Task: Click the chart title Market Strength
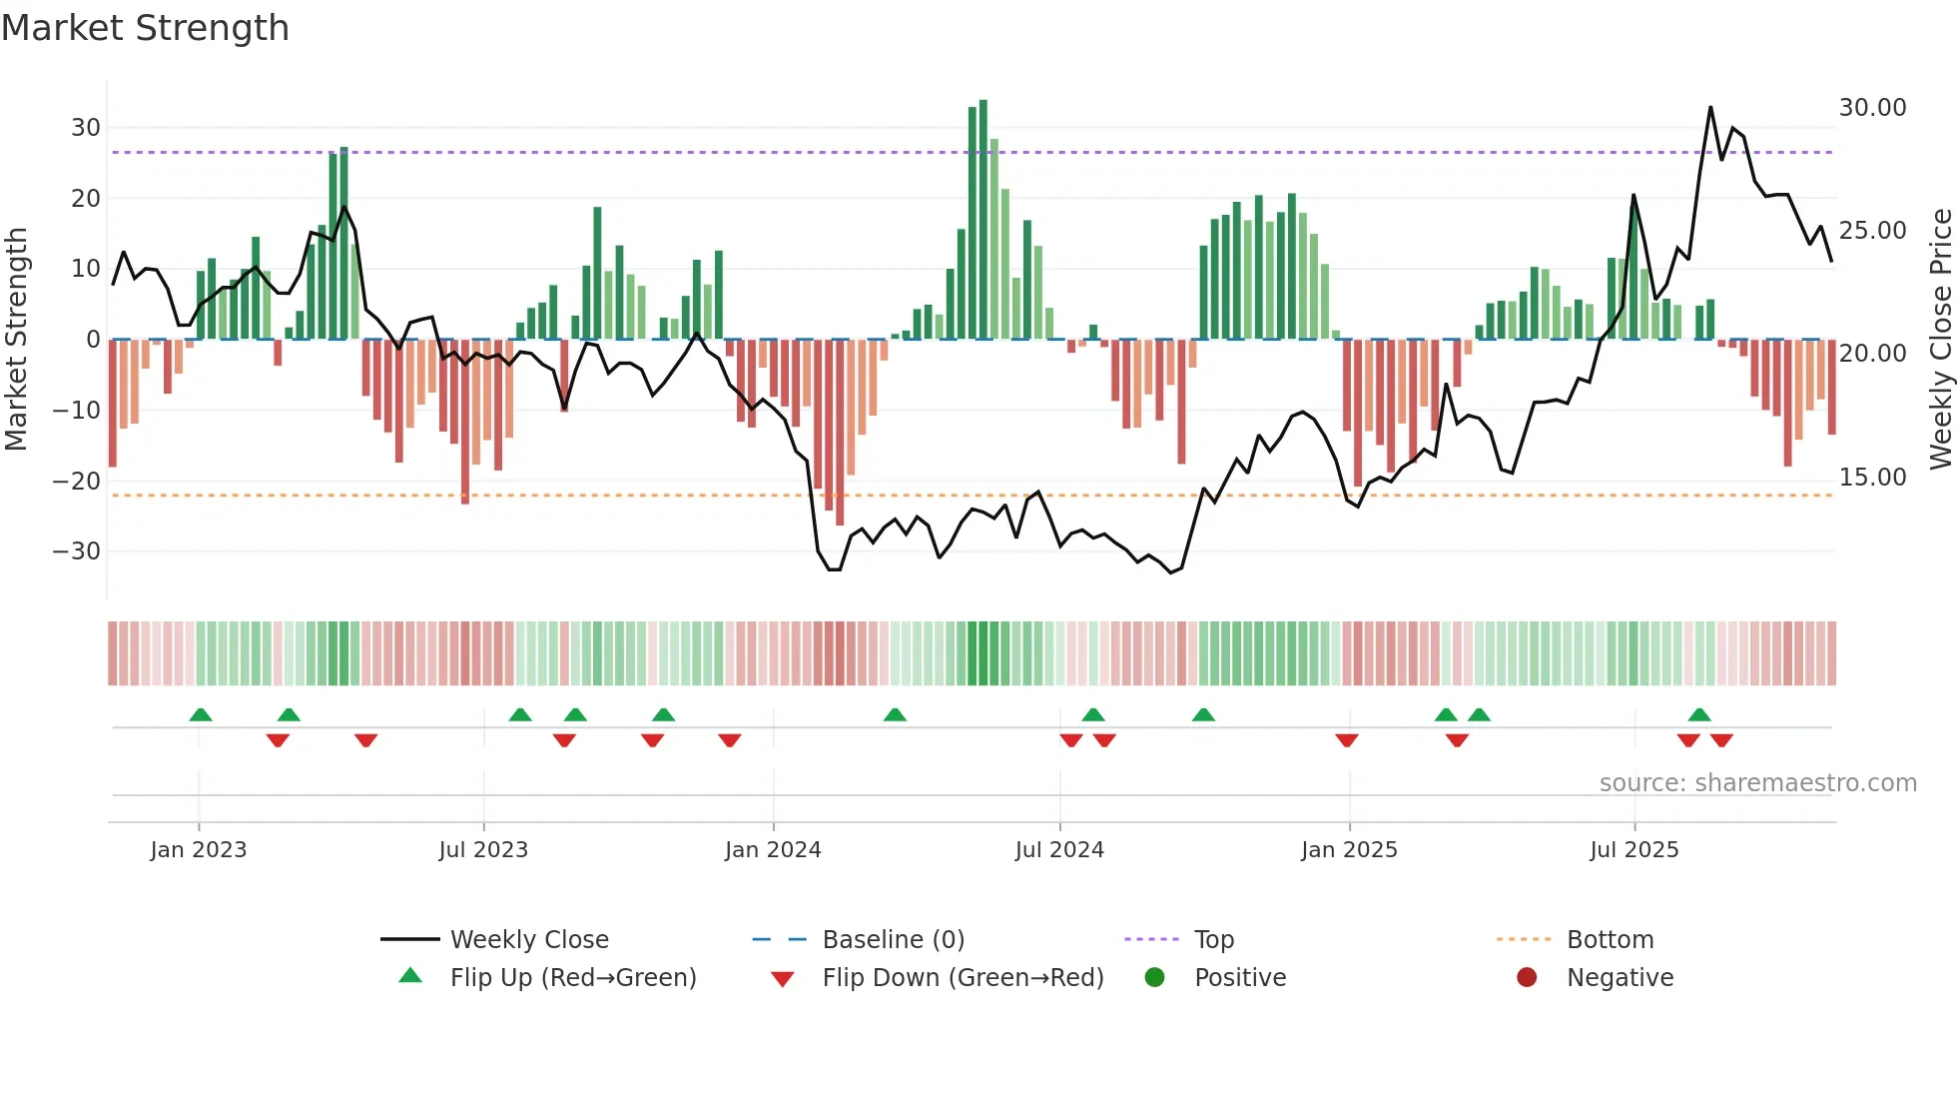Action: (x=146, y=28)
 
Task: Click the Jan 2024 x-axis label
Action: (x=773, y=849)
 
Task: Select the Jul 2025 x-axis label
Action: (x=1633, y=849)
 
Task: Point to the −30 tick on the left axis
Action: (x=76, y=551)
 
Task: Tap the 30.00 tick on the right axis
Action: (x=1872, y=108)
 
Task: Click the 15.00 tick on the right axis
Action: (x=1872, y=478)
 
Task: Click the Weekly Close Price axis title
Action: (x=1940, y=340)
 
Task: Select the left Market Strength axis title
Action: (x=16, y=340)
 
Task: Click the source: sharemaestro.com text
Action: (x=1757, y=783)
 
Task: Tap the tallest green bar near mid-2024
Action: (x=983, y=220)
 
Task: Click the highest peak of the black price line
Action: (x=1710, y=108)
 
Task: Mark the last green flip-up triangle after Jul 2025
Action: (x=1699, y=714)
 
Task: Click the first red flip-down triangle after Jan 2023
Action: (x=278, y=740)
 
